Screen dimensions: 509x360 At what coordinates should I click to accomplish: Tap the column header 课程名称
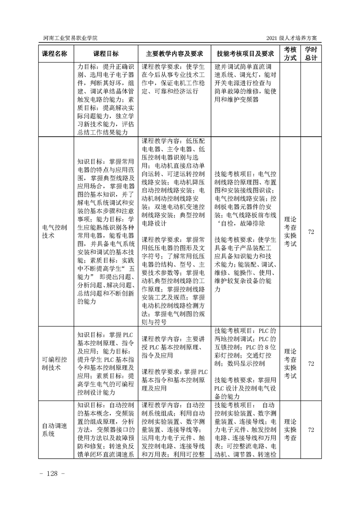(54, 54)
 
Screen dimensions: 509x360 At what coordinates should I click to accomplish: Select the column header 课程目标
(106, 54)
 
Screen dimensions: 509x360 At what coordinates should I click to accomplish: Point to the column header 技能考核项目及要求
(245, 54)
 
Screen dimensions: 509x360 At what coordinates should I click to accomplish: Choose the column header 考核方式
(291, 54)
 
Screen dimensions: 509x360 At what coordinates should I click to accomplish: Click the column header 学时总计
(311, 54)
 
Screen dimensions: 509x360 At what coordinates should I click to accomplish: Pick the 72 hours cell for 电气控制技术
(311, 231)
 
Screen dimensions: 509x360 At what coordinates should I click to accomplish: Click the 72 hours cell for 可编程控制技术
(311, 363)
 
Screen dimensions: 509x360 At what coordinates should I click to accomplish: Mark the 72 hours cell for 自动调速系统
(311, 430)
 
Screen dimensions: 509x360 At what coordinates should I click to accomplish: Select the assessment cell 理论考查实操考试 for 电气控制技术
(291, 231)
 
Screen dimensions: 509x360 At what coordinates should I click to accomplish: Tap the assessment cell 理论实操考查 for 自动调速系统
(291, 430)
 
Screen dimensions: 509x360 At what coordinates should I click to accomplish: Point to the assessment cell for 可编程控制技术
(291, 363)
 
